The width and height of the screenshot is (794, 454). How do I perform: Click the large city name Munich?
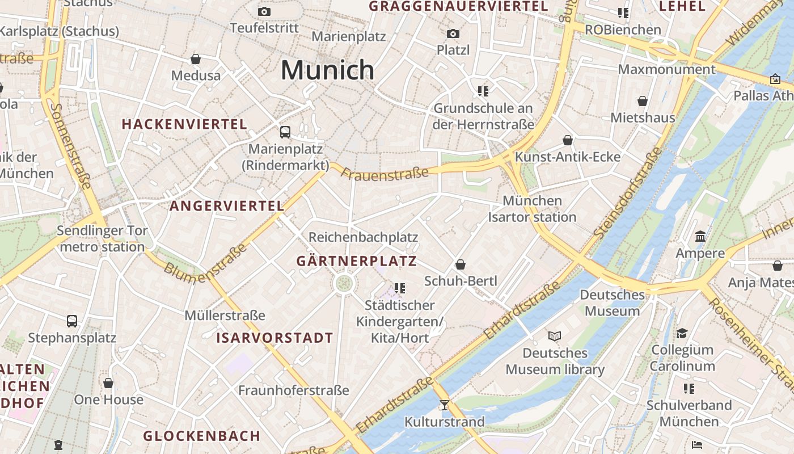pos(327,70)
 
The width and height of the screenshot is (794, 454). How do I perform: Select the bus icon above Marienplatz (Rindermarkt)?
pos(285,132)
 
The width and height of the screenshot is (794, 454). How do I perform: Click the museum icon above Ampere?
pos(700,236)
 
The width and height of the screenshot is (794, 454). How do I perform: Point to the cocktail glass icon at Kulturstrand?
pos(444,405)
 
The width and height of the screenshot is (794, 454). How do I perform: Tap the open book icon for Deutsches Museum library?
pos(555,336)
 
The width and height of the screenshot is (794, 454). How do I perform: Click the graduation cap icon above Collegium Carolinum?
pos(682,333)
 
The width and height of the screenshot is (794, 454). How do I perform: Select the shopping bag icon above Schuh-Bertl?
pos(461,264)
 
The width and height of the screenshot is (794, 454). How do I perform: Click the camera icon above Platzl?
pos(453,33)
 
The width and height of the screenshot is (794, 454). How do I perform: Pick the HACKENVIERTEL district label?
pos(184,124)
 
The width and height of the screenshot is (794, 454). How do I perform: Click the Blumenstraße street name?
pos(206,260)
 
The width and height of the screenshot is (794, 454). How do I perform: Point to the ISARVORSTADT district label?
pos(274,338)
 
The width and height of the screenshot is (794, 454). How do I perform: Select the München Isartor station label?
pos(532,209)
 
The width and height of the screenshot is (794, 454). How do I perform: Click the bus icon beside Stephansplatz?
pos(72,321)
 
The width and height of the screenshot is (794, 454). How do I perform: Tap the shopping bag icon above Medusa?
pos(196,59)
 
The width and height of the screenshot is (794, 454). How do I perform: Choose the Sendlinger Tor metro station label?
pos(102,239)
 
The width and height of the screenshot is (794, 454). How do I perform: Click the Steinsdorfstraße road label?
pos(628,192)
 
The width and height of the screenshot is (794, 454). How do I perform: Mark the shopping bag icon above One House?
pos(108,383)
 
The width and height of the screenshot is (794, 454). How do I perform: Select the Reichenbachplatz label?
pos(363,237)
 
